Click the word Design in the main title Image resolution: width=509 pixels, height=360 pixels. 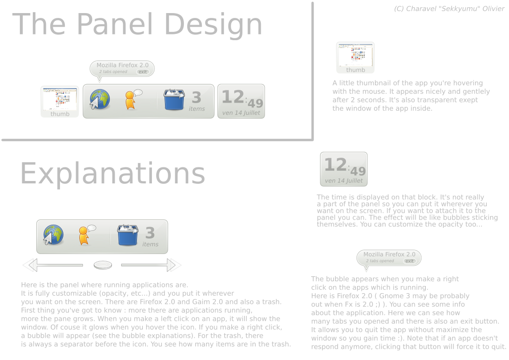(x=213, y=25)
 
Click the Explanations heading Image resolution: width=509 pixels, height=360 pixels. (x=113, y=174)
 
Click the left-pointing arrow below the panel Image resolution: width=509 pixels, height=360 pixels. (x=53, y=265)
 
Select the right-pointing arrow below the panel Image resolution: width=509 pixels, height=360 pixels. (x=151, y=265)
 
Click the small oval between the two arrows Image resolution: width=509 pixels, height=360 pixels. (x=103, y=265)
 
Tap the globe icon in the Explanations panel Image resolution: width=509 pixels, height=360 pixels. (x=53, y=234)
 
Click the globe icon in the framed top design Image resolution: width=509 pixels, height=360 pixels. (x=100, y=99)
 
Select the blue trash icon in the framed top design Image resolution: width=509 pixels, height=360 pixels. (x=174, y=99)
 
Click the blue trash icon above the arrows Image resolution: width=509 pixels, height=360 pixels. (x=128, y=235)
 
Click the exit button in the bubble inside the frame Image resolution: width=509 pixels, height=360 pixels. (x=143, y=72)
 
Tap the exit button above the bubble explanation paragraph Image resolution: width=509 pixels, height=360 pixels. (x=410, y=261)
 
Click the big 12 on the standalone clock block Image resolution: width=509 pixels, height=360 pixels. (x=335, y=165)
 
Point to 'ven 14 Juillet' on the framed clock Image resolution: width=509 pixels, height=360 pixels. (x=241, y=113)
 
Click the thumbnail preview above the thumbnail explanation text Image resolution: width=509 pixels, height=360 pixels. (x=356, y=58)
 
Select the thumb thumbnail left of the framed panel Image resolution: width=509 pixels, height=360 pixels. (x=60, y=102)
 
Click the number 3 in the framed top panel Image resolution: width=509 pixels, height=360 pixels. (x=196, y=97)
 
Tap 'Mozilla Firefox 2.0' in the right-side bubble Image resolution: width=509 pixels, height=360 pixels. (x=389, y=255)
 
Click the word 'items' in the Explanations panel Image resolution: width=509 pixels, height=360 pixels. (x=150, y=244)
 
